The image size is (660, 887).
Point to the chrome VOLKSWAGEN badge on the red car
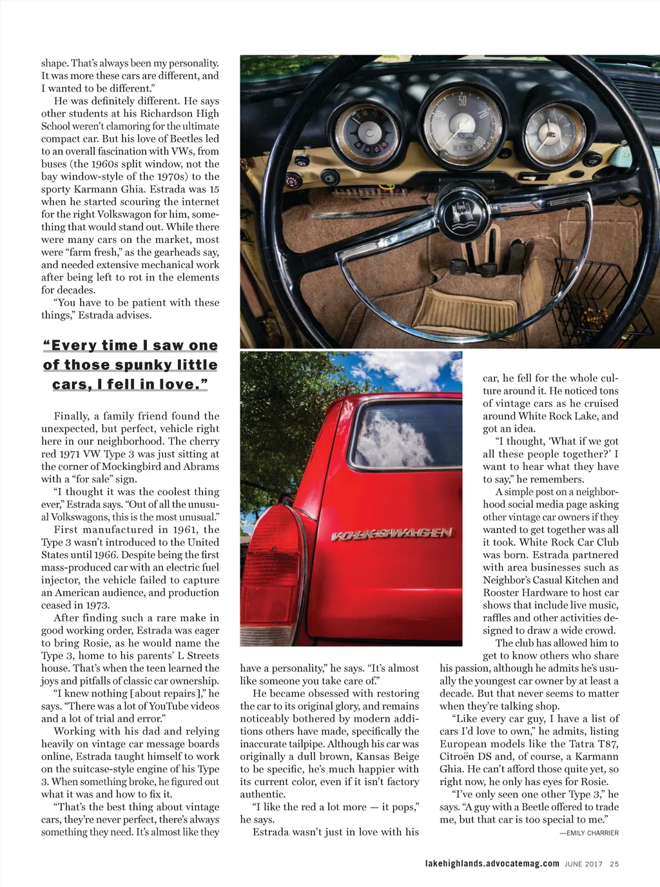tap(391, 534)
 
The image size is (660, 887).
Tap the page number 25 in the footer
tap(614, 864)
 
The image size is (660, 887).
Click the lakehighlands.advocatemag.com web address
tap(492, 864)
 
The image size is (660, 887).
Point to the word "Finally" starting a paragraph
tap(72, 416)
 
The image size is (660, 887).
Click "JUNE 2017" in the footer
tap(583, 864)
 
